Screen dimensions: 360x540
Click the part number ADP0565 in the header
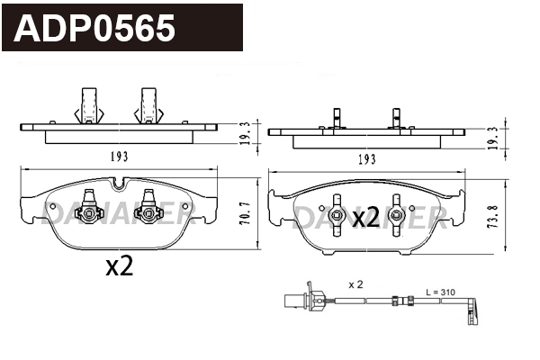pyautogui.click(x=94, y=29)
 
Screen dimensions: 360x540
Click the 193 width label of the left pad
pyautogui.click(x=119, y=157)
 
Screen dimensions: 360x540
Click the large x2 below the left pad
pyautogui.click(x=120, y=266)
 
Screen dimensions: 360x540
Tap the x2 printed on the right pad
pyautogui.click(x=365, y=217)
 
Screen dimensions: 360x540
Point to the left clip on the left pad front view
pyautogui.click(x=88, y=211)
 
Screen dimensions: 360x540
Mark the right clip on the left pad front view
pyautogui.click(x=145, y=211)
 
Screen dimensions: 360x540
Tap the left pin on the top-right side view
pyautogui.click(x=337, y=119)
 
